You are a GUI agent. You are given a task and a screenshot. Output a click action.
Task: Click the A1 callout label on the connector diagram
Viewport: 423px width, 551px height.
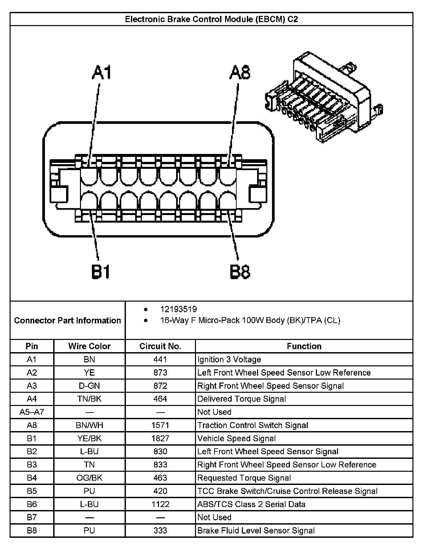click(102, 73)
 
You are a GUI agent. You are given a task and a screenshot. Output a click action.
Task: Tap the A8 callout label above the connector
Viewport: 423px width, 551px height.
click(240, 73)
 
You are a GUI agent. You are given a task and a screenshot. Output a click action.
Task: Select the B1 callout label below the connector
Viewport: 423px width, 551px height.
click(100, 272)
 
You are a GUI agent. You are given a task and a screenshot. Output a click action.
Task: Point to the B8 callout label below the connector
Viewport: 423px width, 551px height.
click(240, 272)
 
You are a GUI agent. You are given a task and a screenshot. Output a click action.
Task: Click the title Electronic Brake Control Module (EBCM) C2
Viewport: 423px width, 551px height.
click(211, 19)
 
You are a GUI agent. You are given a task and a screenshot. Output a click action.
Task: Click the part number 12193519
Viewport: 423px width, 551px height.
click(178, 309)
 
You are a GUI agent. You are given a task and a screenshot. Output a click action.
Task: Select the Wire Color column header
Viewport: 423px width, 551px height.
click(89, 346)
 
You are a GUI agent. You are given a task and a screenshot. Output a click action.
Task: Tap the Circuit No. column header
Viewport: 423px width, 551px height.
click(160, 346)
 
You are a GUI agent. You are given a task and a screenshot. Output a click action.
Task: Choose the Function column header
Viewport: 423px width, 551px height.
click(304, 346)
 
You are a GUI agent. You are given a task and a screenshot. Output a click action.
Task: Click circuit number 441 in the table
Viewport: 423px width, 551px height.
click(160, 359)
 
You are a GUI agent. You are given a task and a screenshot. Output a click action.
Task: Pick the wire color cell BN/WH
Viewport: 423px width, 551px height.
click(89, 425)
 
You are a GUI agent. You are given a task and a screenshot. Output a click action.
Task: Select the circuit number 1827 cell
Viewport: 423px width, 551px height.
click(160, 438)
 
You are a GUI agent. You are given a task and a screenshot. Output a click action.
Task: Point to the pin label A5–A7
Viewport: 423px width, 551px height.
click(32, 412)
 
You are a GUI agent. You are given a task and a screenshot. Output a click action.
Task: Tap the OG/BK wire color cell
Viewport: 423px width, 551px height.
click(89, 478)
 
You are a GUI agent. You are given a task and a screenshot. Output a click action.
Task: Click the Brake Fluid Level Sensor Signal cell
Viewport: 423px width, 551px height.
click(256, 531)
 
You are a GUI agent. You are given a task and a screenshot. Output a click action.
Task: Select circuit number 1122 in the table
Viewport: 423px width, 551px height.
click(160, 504)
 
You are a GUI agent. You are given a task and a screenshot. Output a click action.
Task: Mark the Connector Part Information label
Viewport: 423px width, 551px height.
click(67, 320)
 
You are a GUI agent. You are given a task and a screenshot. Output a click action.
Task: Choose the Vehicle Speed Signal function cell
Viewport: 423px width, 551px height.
click(236, 438)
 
